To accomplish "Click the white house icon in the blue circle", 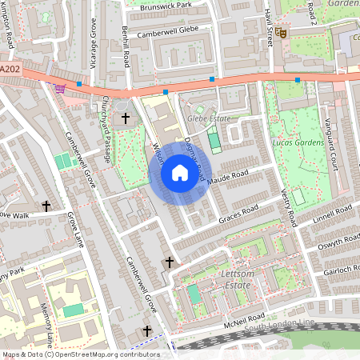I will pyautogui.click(x=179, y=173).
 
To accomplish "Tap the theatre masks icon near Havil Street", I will pyautogui.click(x=282, y=34).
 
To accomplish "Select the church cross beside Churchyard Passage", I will pyautogui.click(x=125, y=118).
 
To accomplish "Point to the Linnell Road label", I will pyautogui.click(x=333, y=214).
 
